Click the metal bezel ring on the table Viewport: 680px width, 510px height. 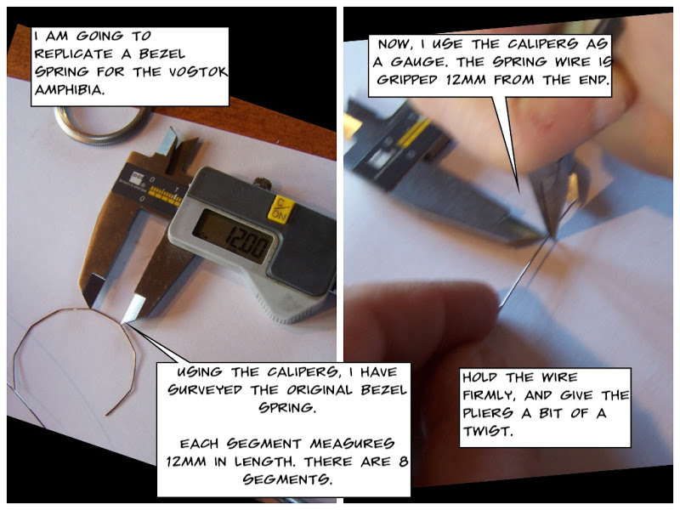tap(93, 124)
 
